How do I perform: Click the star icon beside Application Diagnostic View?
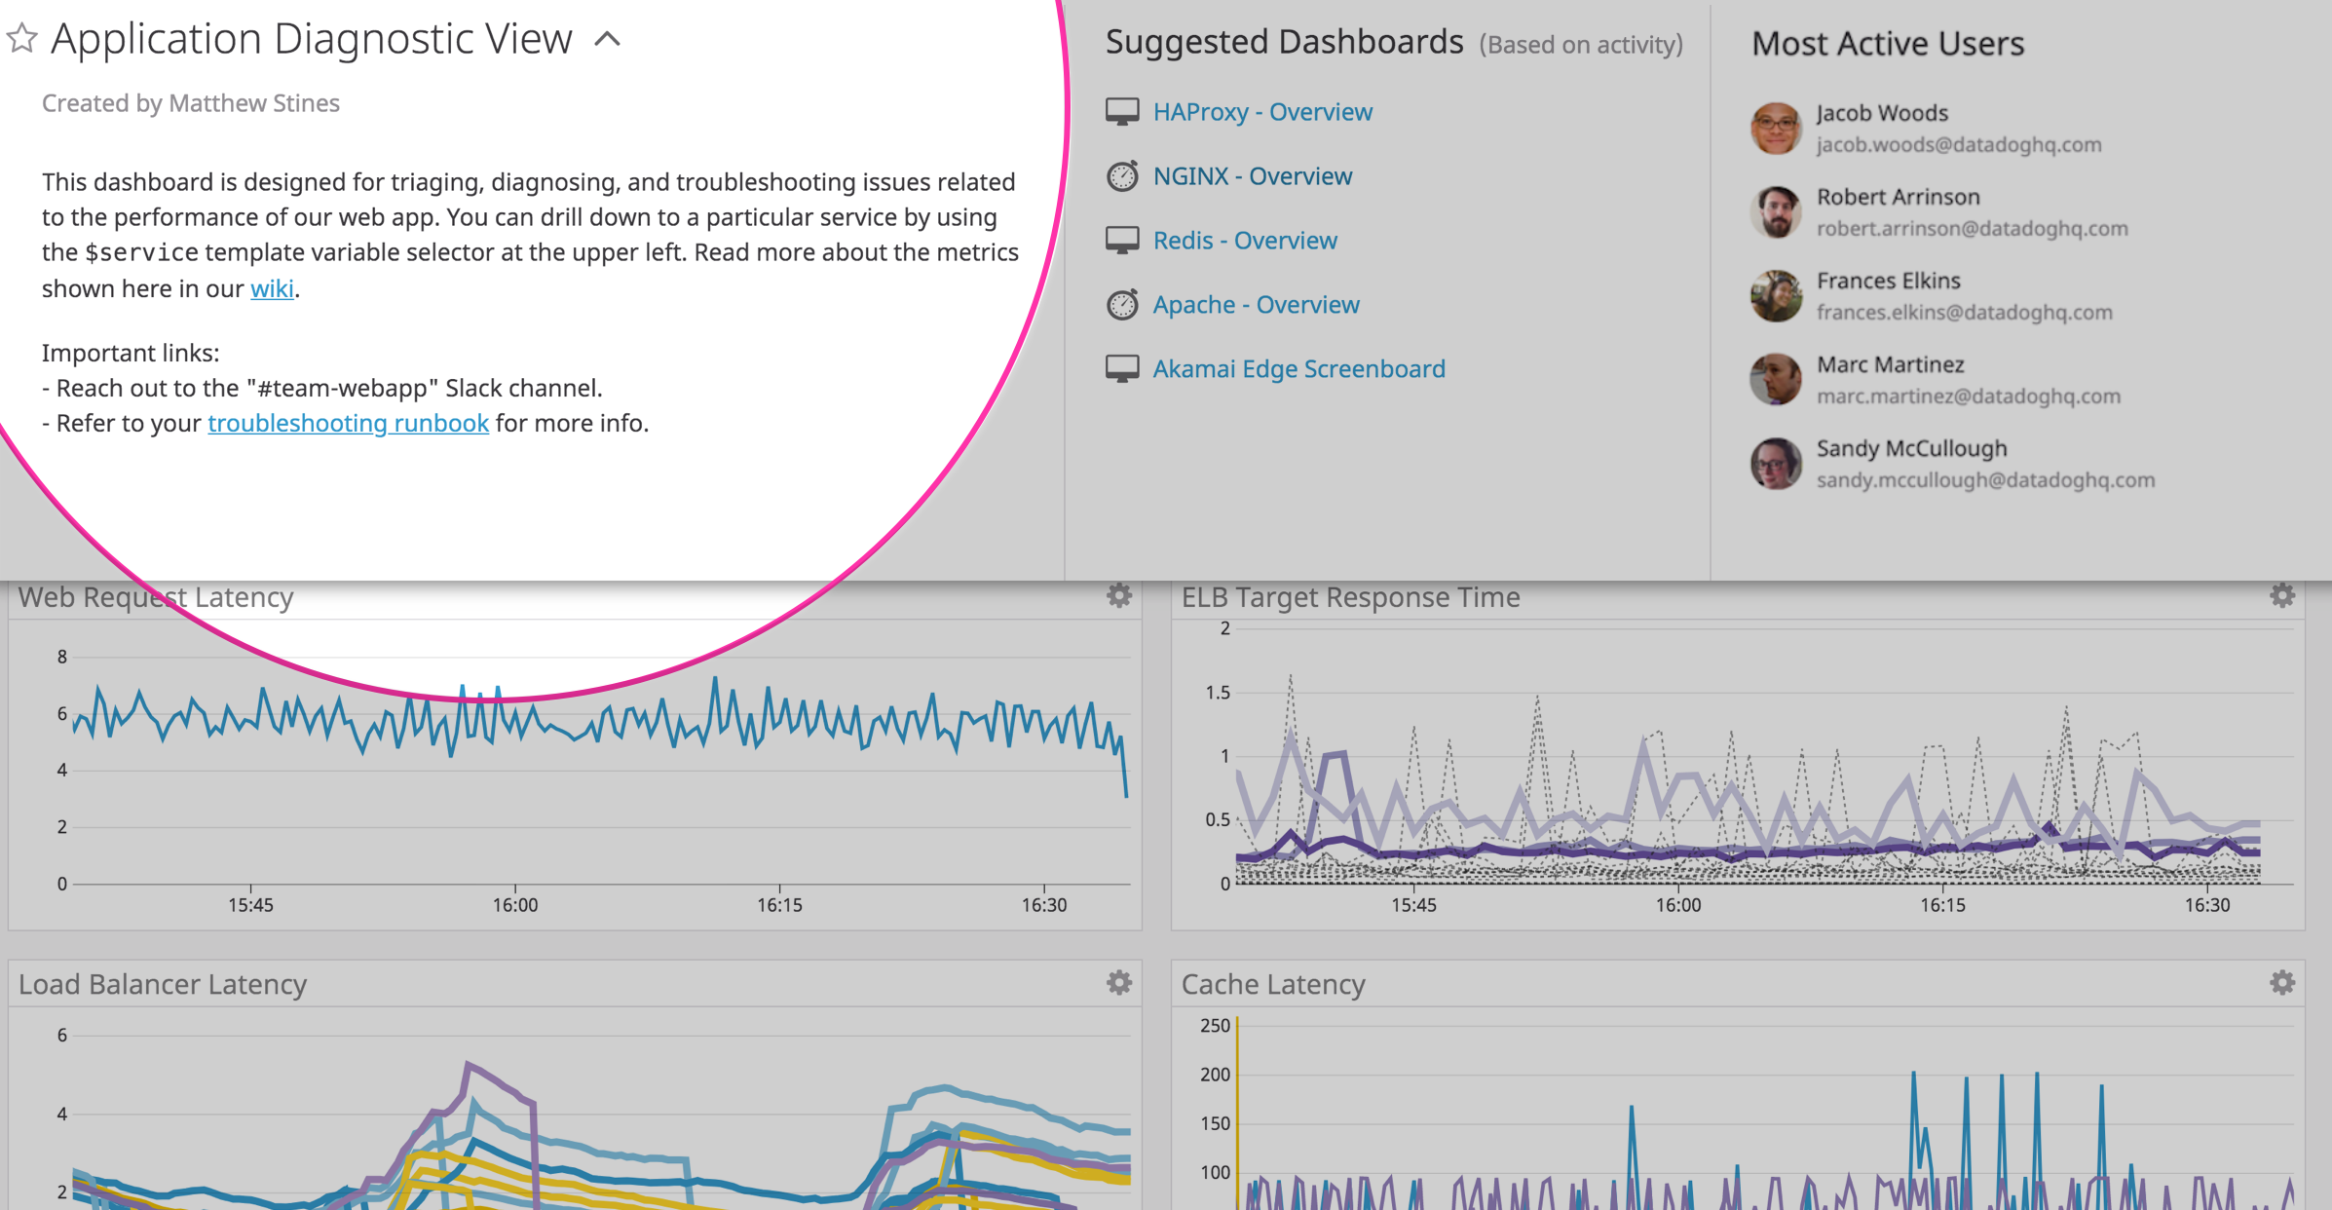point(22,39)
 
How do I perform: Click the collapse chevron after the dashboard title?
point(607,39)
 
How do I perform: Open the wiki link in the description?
point(272,288)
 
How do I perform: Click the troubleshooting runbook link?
point(348,423)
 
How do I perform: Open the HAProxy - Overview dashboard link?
point(1262,112)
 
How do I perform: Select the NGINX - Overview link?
point(1252,176)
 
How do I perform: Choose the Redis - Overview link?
point(1244,241)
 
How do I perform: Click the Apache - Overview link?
point(1256,305)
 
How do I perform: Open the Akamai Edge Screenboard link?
point(1298,369)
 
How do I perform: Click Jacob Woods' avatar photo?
point(1776,128)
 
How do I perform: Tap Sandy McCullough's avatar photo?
point(1776,463)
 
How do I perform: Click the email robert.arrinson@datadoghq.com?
point(1972,229)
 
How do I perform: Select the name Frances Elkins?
point(1888,281)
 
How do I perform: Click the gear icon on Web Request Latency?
point(1119,595)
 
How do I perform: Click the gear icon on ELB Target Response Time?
point(2282,595)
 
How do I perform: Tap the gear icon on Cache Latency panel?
point(2282,983)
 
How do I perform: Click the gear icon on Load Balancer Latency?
point(1119,983)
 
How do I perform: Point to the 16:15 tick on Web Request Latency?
point(779,905)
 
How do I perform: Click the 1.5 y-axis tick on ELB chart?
point(1218,693)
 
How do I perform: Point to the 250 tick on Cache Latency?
point(1215,1026)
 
